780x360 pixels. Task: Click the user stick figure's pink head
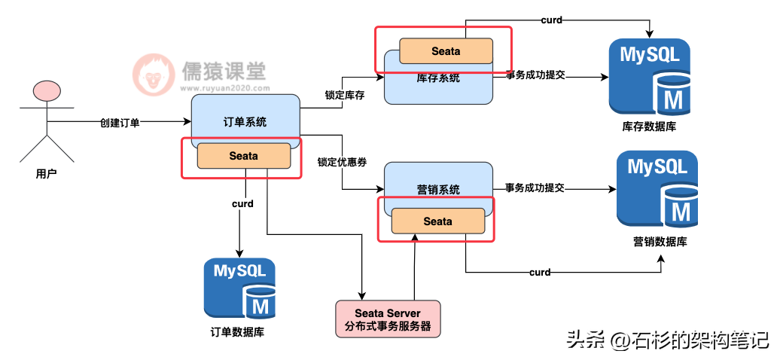(47, 92)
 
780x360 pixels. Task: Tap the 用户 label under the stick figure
(46, 174)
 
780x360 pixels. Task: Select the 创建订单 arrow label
(120, 123)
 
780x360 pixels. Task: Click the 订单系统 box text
(245, 122)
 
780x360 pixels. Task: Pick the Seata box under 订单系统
(244, 156)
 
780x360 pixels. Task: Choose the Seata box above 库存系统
(446, 50)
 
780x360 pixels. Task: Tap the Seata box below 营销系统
(437, 221)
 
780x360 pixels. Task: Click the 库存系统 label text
(437, 78)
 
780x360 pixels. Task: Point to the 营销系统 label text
(437, 190)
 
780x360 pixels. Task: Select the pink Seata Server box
(388, 319)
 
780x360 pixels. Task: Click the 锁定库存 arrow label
(345, 96)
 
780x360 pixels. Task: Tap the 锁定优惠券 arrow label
(342, 162)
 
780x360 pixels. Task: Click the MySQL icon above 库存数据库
(651, 77)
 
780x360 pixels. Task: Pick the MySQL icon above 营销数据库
(657, 189)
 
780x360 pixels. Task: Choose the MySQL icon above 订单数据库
(239, 288)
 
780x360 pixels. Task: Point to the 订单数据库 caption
(238, 332)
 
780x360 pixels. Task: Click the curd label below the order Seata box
(242, 203)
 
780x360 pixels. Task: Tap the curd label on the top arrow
(551, 20)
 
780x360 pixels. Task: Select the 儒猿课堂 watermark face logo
(154, 75)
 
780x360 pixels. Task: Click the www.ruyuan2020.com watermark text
(225, 88)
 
